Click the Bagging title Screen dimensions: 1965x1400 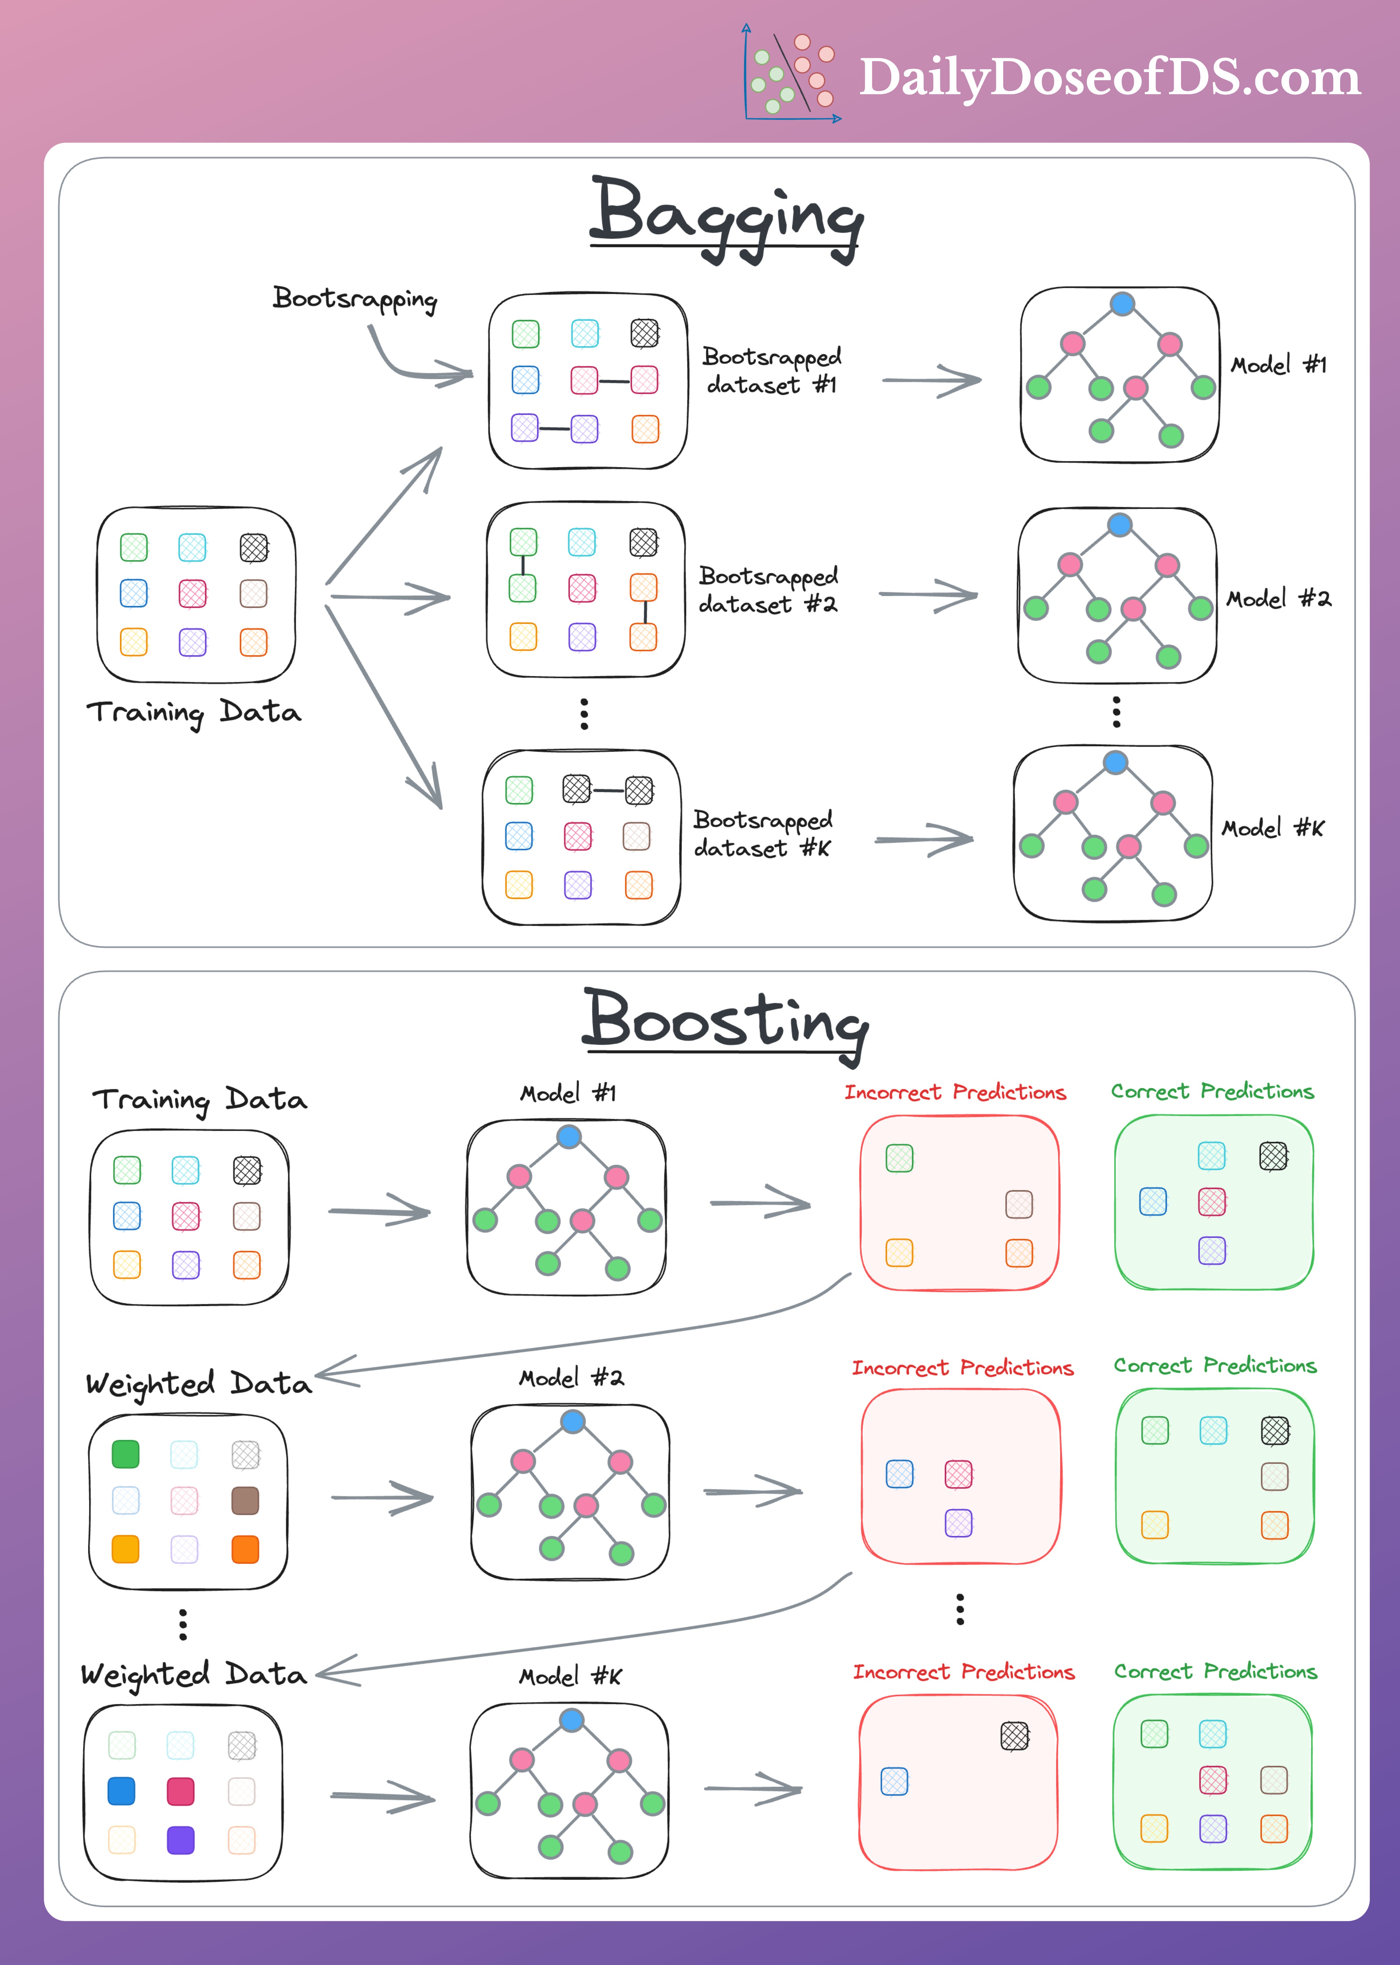click(x=726, y=216)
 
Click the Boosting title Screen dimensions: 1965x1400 click(x=726, y=1021)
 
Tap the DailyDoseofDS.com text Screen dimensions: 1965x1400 click(x=1110, y=78)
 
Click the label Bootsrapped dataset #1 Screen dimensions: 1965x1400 click(x=771, y=371)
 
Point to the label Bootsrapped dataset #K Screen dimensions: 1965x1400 click(x=763, y=833)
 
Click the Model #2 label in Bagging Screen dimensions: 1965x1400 click(x=1278, y=598)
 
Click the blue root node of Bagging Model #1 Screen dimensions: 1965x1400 click(x=1121, y=303)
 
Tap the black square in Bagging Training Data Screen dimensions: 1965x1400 click(x=253, y=547)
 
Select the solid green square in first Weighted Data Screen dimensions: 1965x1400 click(x=126, y=1454)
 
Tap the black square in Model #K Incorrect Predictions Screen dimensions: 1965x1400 click(x=1015, y=1736)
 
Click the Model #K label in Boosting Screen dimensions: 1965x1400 click(x=570, y=1676)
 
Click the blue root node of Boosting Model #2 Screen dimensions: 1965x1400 click(x=572, y=1421)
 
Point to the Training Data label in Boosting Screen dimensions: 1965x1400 click(x=199, y=1100)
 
